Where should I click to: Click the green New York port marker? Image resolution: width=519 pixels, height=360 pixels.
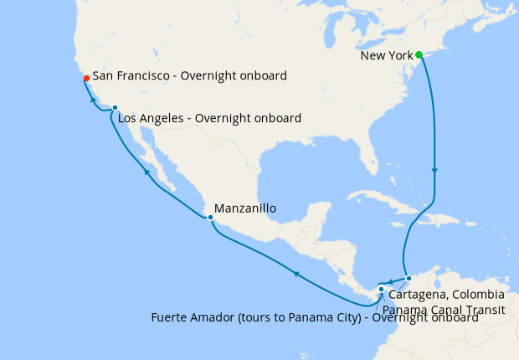pyautogui.click(x=419, y=55)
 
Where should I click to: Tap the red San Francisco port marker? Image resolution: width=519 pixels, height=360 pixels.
pyautogui.click(x=85, y=79)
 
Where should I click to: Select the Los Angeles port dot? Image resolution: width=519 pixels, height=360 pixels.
pyautogui.click(x=115, y=108)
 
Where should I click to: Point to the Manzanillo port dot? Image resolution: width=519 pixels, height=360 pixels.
pyautogui.click(x=210, y=218)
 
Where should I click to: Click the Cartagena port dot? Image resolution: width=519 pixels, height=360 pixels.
pyautogui.click(x=409, y=278)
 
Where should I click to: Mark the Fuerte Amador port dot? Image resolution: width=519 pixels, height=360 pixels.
pyautogui.click(x=381, y=290)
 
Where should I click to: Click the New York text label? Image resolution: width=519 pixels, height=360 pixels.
pyautogui.click(x=387, y=55)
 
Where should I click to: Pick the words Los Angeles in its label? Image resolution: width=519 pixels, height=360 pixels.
pyautogui.click(x=152, y=118)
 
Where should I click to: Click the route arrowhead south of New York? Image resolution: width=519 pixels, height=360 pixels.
pyautogui.click(x=434, y=172)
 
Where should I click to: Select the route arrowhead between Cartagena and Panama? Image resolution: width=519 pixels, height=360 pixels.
pyautogui.click(x=390, y=280)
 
